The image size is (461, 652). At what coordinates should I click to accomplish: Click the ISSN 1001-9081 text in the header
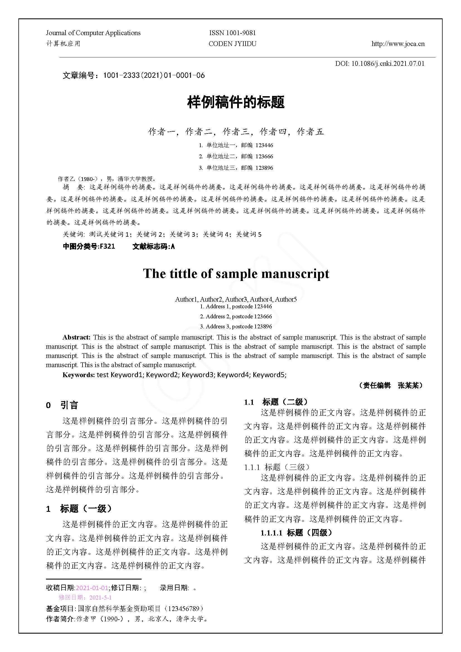click(232, 33)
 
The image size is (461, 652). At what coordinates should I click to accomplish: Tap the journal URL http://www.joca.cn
click(398, 44)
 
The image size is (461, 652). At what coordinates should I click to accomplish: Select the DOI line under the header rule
click(380, 63)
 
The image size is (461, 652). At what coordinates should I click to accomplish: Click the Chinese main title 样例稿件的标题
click(236, 102)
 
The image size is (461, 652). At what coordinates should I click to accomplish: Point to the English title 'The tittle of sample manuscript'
click(236, 274)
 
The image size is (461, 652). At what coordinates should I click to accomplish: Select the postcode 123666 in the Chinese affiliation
click(264, 156)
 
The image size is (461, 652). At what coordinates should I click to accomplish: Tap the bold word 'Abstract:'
click(76, 337)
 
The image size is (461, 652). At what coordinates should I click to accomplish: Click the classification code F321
click(108, 246)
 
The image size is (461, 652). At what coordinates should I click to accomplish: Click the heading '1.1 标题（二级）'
click(276, 402)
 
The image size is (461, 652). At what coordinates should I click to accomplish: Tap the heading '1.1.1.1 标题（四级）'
click(296, 533)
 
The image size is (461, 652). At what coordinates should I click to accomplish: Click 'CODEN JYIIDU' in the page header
click(232, 44)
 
